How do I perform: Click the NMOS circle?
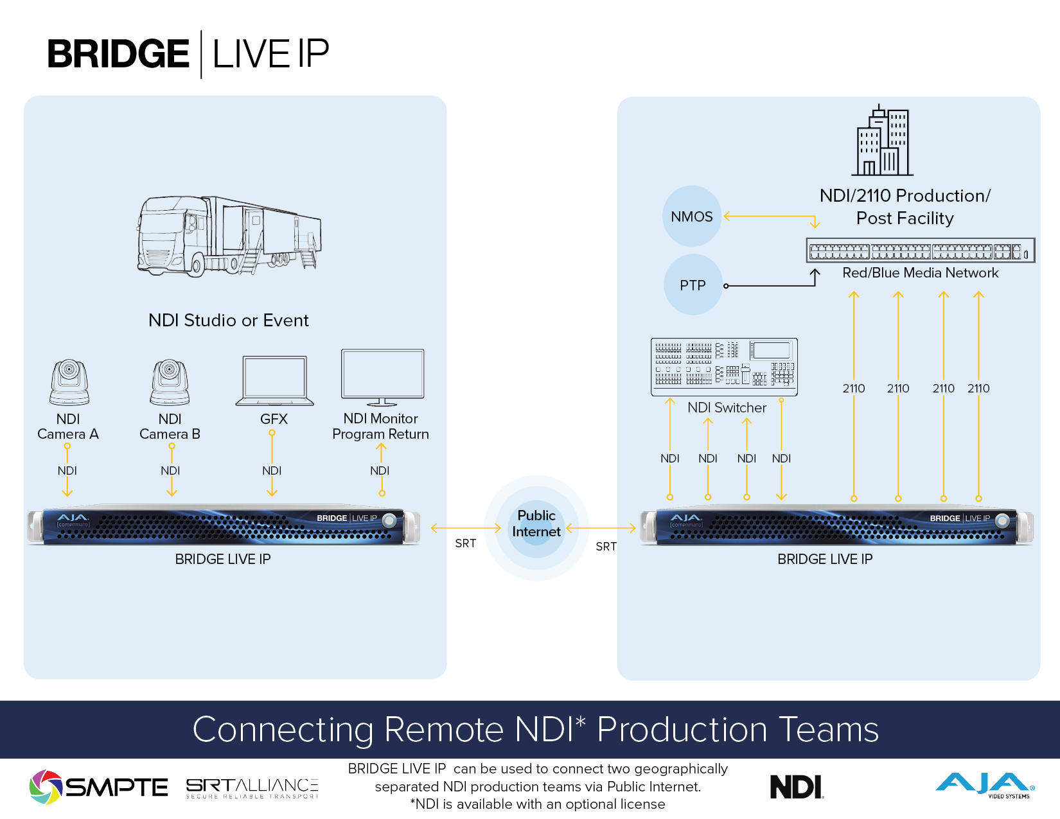click(x=692, y=216)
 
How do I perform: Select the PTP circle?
click(x=693, y=285)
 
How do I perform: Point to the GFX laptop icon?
click(x=275, y=380)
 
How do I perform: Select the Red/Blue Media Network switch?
click(x=920, y=251)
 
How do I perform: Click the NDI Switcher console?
click(x=724, y=367)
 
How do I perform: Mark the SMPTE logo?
click(x=98, y=787)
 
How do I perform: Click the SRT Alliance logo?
click(x=252, y=788)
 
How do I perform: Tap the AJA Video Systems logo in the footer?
click(x=985, y=786)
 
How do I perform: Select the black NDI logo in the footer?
click(x=797, y=787)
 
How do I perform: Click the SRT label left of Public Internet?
click(x=465, y=543)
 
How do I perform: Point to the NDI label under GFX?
click(x=272, y=471)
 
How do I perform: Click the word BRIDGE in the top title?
click(x=118, y=54)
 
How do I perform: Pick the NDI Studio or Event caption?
click(x=228, y=321)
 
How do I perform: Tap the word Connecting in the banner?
click(x=283, y=730)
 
